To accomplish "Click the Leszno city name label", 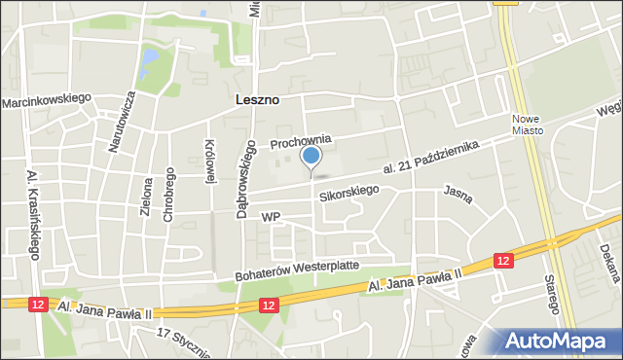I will pos(257,99).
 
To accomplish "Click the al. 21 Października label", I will pos(432,158).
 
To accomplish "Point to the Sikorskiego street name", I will pos(348,194).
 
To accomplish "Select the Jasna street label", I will pos(458,195).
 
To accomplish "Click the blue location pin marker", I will pos(311,157).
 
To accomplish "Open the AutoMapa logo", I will pos(562,340).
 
